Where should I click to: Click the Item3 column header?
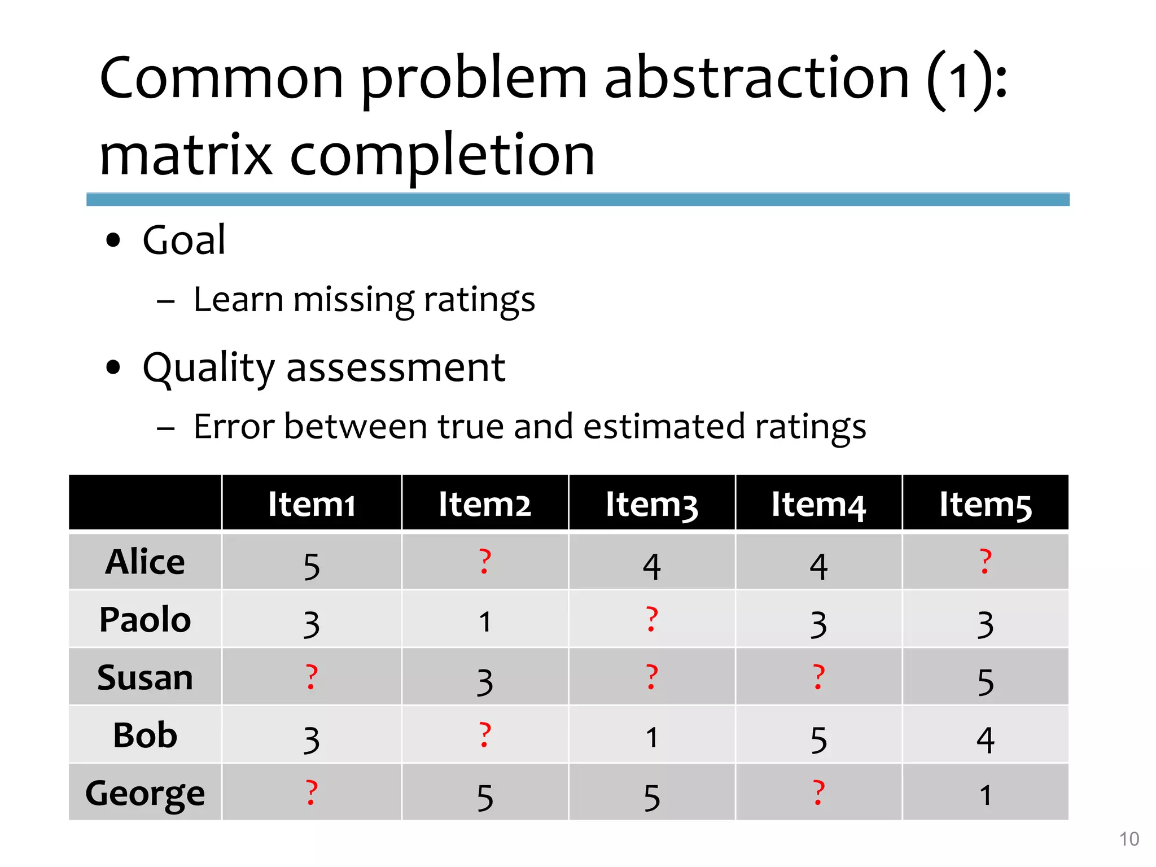[x=651, y=504]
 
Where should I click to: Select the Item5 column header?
[x=985, y=504]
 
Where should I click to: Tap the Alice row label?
[x=145, y=562]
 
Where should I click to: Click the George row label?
[x=145, y=793]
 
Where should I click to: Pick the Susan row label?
[x=145, y=677]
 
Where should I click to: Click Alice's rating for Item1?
[x=312, y=566]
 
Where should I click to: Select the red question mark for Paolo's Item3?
[x=651, y=619]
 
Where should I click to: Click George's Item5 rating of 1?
[x=986, y=795]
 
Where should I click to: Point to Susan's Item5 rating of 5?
[x=986, y=682]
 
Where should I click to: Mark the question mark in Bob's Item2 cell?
[x=484, y=735]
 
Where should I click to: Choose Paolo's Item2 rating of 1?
[x=485, y=622]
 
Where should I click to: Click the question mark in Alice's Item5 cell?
[x=986, y=562]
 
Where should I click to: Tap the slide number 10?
[x=1129, y=839]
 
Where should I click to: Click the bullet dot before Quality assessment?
[x=113, y=367]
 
